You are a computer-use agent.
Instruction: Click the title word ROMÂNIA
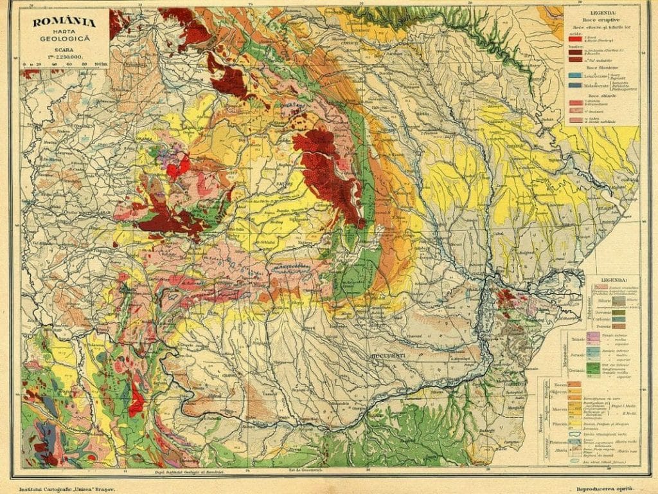pos(57,24)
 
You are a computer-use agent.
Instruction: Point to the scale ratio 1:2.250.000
pos(57,57)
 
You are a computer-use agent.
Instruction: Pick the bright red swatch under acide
pos(574,39)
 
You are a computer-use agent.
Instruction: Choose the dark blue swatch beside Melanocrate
pos(574,85)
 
